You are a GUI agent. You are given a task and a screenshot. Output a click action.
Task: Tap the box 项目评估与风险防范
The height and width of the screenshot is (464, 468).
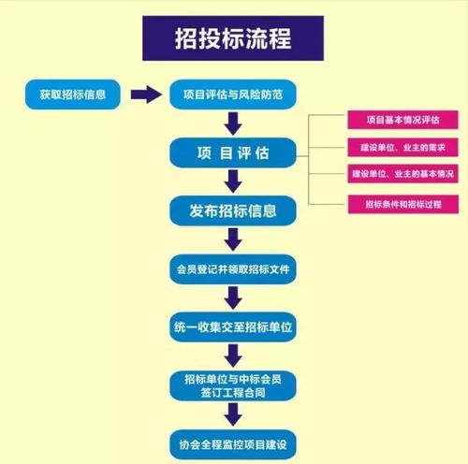[x=233, y=94]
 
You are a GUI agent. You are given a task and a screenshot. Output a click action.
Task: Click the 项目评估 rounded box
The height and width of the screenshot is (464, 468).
[x=234, y=152]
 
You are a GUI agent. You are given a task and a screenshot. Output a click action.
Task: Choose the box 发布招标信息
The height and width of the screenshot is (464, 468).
[x=234, y=210]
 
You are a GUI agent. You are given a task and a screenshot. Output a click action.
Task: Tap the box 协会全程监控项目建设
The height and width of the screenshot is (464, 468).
[x=234, y=440]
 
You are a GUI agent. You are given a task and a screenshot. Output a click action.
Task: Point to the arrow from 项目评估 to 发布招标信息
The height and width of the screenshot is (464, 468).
[x=234, y=181]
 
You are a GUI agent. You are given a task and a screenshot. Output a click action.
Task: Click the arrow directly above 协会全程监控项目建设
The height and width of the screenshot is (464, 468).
[x=234, y=413]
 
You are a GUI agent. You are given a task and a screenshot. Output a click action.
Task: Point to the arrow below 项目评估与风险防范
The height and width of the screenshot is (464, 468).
[x=234, y=123]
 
